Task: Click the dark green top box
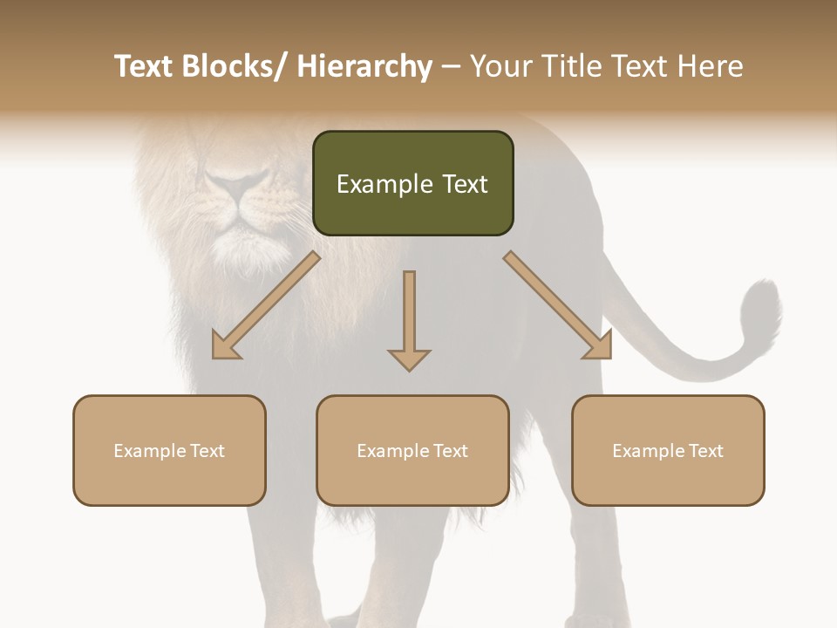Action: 412,183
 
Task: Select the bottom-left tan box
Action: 169,450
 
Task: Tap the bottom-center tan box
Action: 412,450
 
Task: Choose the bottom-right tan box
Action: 668,450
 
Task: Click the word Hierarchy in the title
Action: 364,66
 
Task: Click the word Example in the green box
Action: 383,184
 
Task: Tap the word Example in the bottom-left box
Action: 149,450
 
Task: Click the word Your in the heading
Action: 499,66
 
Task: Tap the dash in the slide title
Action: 451,67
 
